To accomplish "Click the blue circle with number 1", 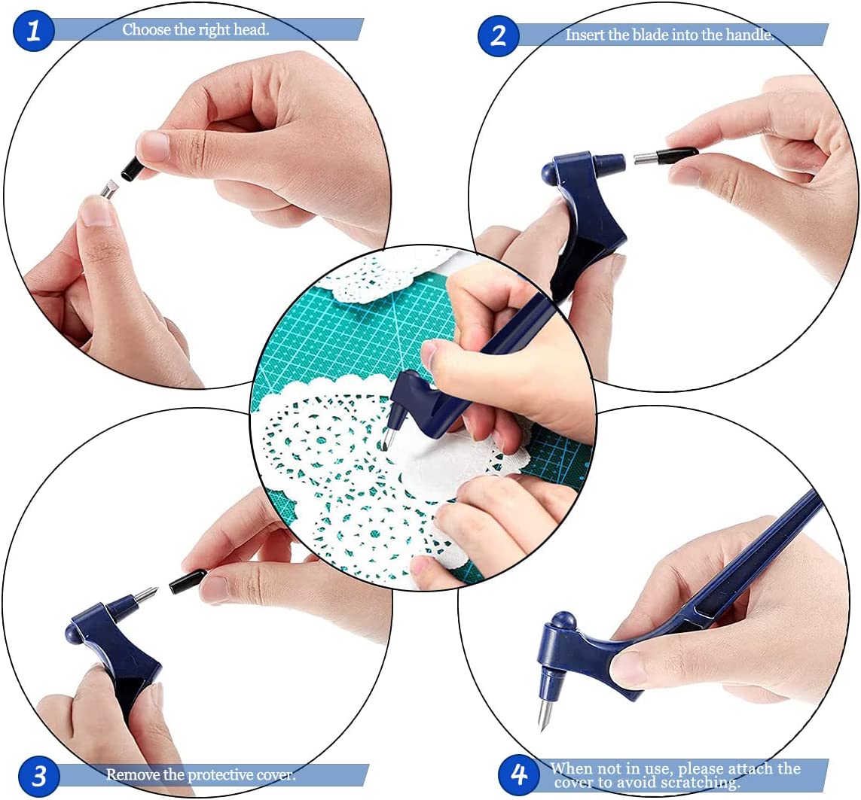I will (x=33, y=32).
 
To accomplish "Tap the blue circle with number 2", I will (x=498, y=35).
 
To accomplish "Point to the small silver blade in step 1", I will (x=109, y=188).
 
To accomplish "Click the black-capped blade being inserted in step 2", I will (x=666, y=157).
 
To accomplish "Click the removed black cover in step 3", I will (x=188, y=582).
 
